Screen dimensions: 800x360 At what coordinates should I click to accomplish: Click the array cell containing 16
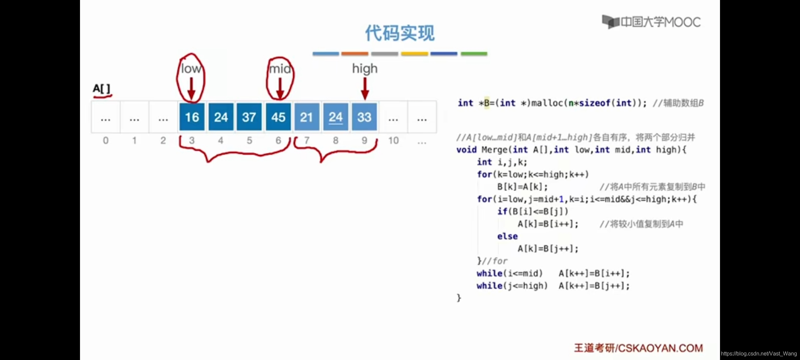pos(192,117)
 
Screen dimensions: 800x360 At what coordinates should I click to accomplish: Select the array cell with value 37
pos(249,117)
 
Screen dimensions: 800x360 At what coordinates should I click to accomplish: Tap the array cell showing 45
pos(278,117)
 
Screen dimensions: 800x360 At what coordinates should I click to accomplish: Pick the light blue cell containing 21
pos(306,117)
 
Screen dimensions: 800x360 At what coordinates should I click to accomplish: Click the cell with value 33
pos(364,117)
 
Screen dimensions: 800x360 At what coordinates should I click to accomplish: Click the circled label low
pos(191,69)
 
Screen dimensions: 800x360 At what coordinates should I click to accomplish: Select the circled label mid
pos(280,69)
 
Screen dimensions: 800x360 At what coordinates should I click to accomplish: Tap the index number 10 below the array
pos(393,141)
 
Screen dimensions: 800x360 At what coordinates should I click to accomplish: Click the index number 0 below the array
pos(106,141)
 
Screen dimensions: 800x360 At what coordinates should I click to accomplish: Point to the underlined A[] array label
pos(101,89)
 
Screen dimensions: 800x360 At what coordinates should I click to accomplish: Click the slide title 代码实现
pos(400,33)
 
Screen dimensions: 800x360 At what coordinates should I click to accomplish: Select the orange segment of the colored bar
pos(355,54)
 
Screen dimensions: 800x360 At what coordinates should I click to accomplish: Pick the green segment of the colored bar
pos(474,54)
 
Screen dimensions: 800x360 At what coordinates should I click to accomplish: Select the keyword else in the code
pos(507,236)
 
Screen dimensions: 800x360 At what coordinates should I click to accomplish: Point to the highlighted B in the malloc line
pos(487,103)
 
